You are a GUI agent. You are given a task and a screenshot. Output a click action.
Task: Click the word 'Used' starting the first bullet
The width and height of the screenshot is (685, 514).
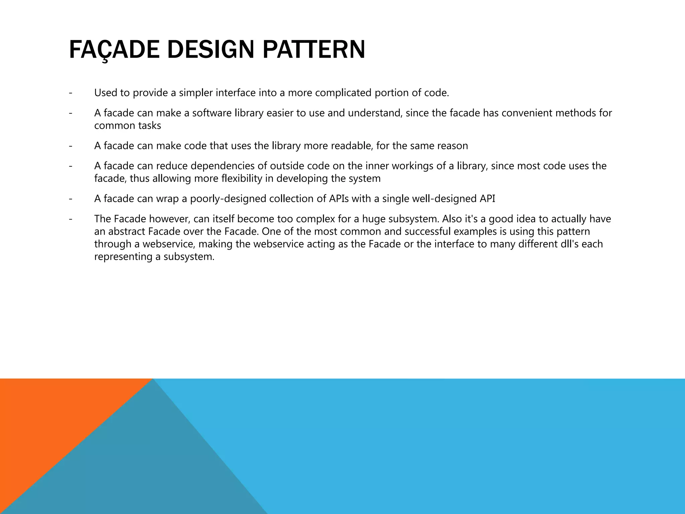(x=105, y=93)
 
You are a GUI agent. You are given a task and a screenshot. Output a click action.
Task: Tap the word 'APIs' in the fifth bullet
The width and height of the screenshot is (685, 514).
(x=338, y=199)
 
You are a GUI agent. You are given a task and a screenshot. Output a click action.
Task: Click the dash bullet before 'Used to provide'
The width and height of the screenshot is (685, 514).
(x=70, y=93)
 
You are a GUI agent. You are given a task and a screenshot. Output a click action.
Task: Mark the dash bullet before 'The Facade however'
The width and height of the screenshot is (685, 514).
(x=70, y=219)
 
